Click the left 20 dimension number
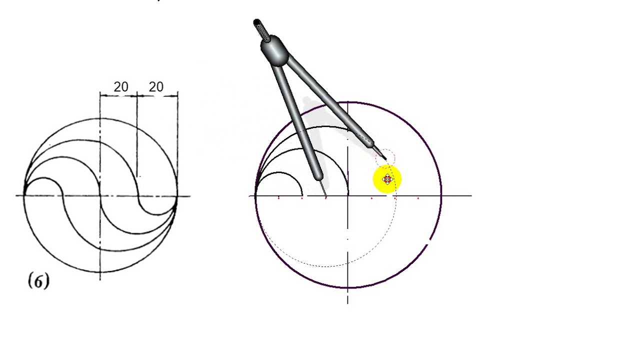[x=121, y=87]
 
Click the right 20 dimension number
[x=156, y=87]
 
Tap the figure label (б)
[x=38, y=281]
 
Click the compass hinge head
[x=275, y=51]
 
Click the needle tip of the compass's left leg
[x=326, y=196]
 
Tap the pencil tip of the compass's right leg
[x=385, y=158]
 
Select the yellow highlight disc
[x=387, y=179]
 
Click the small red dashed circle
[x=385, y=157]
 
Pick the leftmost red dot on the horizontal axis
[x=278, y=197]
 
